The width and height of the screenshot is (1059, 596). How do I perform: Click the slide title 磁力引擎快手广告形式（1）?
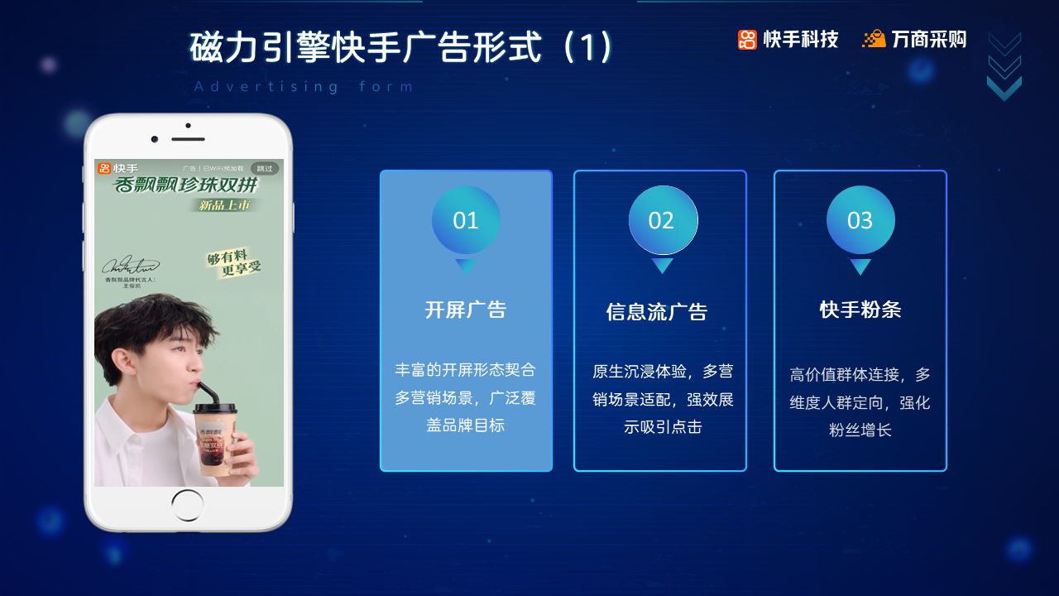tap(401, 47)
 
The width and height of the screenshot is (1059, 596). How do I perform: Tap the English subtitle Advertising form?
tap(304, 87)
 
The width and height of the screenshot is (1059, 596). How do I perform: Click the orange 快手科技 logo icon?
tap(747, 40)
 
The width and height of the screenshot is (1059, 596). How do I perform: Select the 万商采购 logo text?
tap(928, 39)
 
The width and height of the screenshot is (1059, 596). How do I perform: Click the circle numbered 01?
tap(466, 220)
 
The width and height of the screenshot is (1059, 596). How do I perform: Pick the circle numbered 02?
tap(663, 220)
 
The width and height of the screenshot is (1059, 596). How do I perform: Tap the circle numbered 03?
tap(860, 220)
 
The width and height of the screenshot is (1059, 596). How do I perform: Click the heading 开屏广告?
tap(466, 310)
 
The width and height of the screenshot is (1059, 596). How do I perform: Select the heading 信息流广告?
tap(657, 312)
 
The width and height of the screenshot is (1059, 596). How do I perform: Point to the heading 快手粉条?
tap(860, 310)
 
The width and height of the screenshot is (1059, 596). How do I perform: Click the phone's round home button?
tap(188, 505)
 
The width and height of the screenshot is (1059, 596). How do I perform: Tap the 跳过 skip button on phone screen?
tap(264, 168)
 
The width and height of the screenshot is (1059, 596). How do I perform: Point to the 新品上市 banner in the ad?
tap(224, 204)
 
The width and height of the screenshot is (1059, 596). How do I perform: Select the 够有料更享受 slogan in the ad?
tap(233, 263)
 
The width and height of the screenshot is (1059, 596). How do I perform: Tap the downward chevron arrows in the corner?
tap(1004, 66)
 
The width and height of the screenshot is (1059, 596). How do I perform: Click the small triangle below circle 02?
tap(663, 265)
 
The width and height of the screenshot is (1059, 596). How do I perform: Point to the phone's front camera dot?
tap(155, 139)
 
